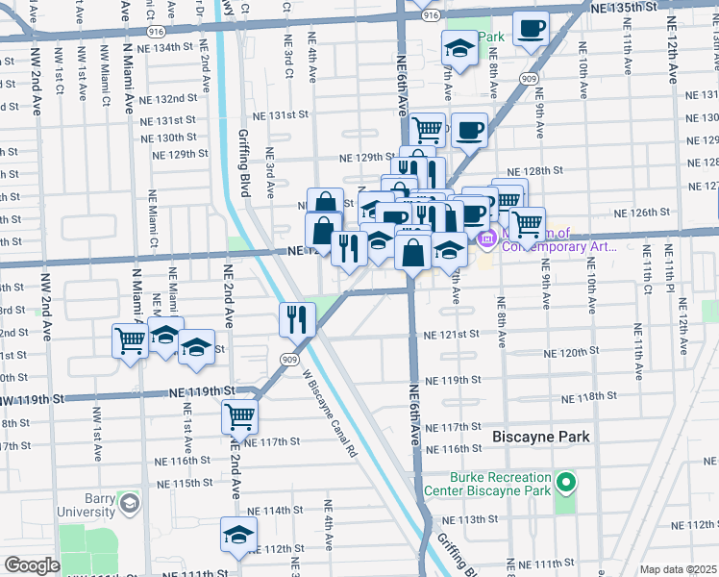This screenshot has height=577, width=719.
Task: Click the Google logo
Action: tap(31, 565)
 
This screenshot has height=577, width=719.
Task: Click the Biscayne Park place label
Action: tap(541, 437)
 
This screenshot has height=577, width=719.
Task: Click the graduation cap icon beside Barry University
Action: tap(128, 503)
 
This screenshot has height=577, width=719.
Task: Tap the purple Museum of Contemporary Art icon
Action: tap(486, 236)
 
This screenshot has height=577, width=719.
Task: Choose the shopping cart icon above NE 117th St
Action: tap(239, 416)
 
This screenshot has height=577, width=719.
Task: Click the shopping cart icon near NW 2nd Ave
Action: tap(131, 340)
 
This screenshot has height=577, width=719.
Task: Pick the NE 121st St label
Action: tap(452, 334)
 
